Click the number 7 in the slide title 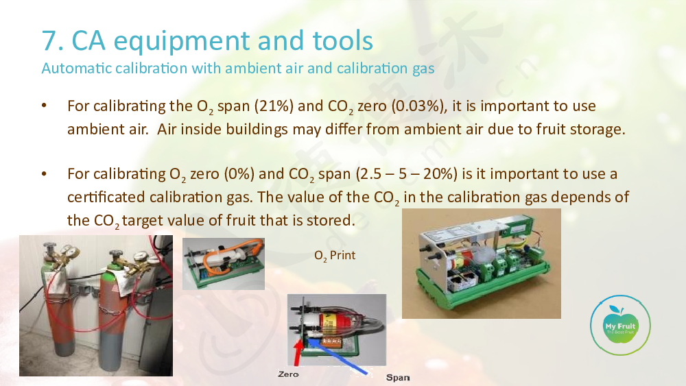coord(50,40)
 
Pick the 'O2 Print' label coord(335,256)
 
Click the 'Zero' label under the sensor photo coord(288,374)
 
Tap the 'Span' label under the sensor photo coord(398,377)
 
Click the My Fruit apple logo coord(620,325)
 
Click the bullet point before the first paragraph coord(44,106)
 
